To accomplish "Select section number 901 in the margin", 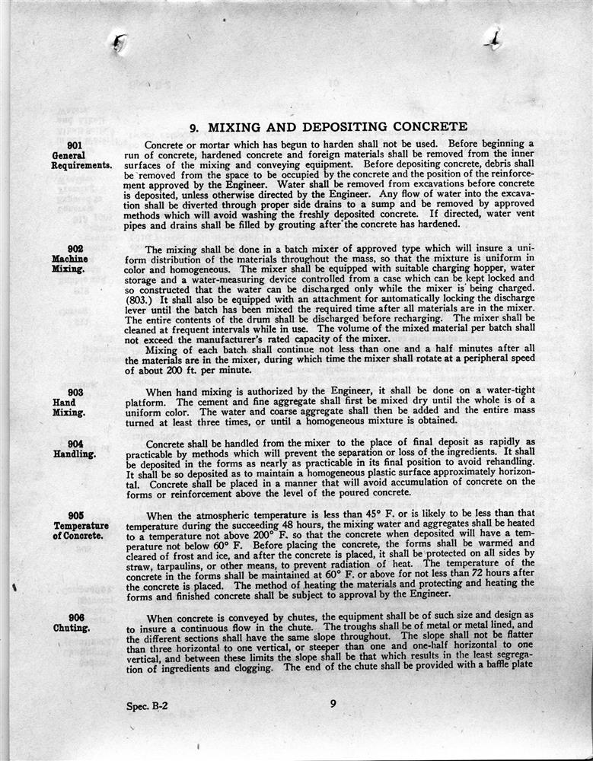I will [75, 145].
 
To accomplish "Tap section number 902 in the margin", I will [75, 249].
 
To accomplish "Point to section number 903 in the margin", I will [75, 393].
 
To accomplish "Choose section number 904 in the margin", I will [75, 444].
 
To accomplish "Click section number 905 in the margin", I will [75, 514].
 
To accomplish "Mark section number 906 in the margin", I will [75, 617].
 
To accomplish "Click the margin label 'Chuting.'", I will [72, 628].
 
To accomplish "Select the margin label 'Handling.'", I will [75, 454].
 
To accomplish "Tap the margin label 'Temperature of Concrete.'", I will [81, 530].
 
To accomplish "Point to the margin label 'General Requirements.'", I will [81, 160].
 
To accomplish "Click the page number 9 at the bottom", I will [333, 703].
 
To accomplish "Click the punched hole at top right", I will [493, 37].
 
